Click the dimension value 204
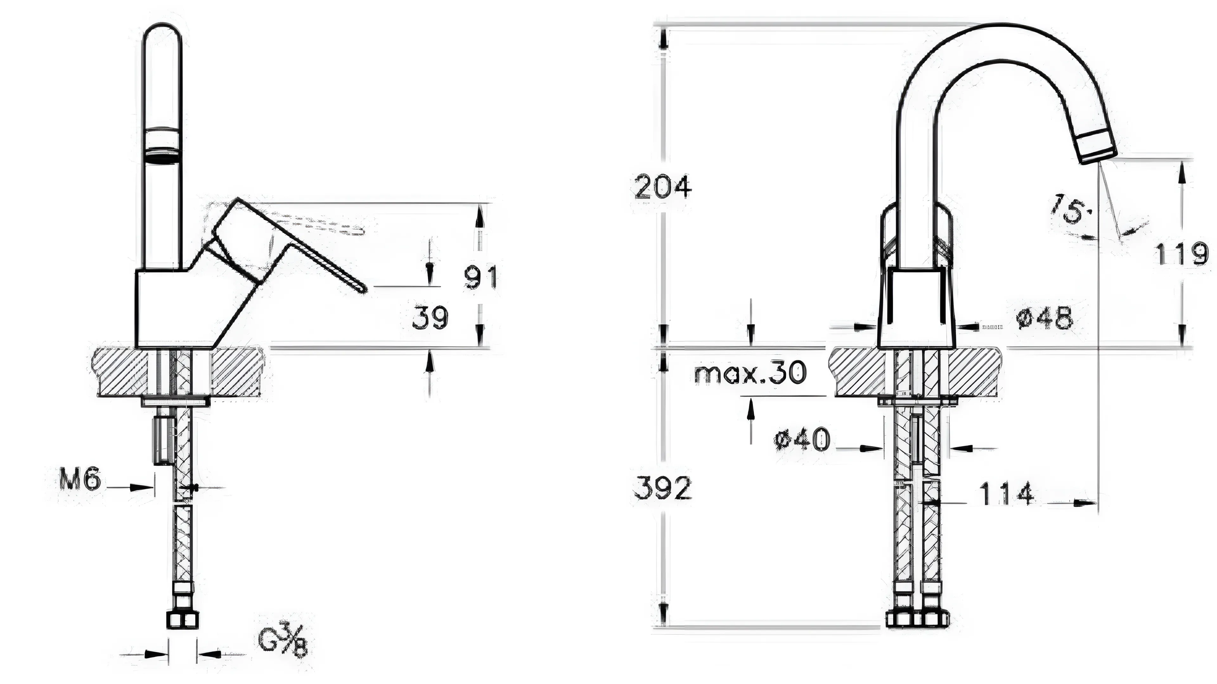pyautogui.click(x=663, y=187)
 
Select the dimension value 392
pyautogui.click(x=662, y=488)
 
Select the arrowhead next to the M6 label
pyautogui.click(x=141, y=487)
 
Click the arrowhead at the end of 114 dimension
pyautogui.click(x=1087, y=503)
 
